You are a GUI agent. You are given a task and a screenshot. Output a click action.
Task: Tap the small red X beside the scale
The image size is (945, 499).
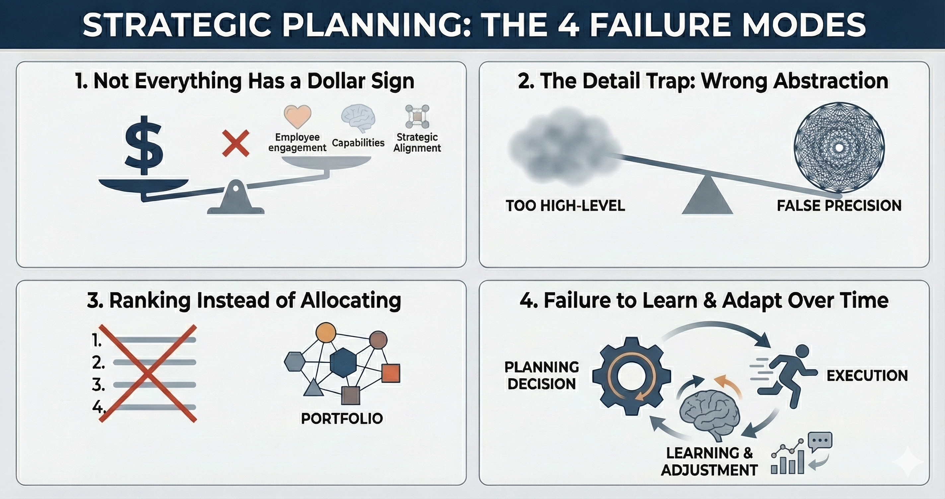click(x=236, y=143)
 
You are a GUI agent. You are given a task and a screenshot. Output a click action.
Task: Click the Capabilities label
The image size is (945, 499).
click(x=358, y=143)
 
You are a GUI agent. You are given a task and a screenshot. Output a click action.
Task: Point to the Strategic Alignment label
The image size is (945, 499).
click(x=417, y=142)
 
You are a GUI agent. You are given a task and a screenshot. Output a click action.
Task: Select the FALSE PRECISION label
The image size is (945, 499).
click(x=839, y=205)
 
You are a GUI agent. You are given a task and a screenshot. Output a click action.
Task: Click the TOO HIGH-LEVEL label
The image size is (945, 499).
click(x=565, y=205)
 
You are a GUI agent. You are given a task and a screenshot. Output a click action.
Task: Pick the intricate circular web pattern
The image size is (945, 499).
click(x=839, y=148)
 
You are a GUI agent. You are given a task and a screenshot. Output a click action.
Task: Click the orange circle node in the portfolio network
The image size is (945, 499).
click(x=326, y=333)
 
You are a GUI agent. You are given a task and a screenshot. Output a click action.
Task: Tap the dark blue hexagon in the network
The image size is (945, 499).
click(x=343, y=363)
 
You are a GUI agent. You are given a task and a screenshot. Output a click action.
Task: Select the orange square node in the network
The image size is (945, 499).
click(x=391, y=373)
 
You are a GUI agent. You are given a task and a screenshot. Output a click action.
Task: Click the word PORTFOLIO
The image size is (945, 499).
click(x=342, y=418)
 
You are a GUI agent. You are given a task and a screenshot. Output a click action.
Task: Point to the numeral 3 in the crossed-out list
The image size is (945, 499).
click(x=98, y=385)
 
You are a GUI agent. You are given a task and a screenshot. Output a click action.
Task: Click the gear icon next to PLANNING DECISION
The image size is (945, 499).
click(x=631, y=376)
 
